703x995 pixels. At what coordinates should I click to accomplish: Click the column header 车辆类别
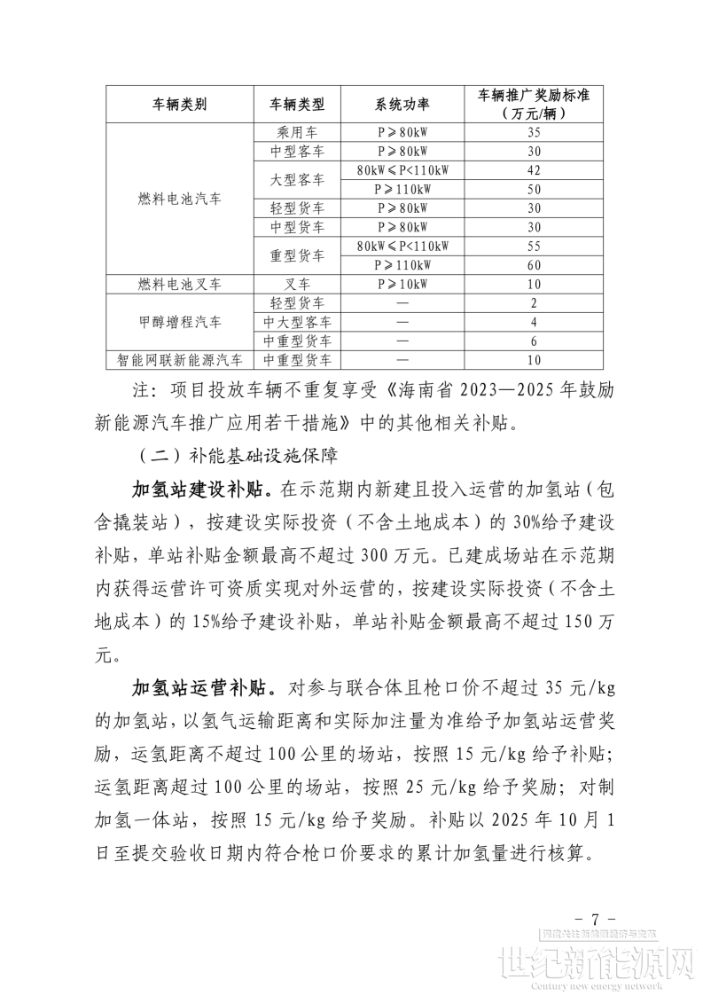tap(180, 104)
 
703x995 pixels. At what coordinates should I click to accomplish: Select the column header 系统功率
tap(402, 104)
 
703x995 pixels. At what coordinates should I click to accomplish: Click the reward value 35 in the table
tap(534, 132)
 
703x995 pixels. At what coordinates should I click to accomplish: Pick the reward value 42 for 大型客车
tap(534, 170)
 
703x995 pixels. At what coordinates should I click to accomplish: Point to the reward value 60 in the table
tap(534, 265)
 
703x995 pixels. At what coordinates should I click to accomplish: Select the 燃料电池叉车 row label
tap(180, 284)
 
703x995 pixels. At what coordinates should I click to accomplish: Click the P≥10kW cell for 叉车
tap(402, 284)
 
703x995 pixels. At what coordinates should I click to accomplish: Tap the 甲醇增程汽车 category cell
tap(180, 322)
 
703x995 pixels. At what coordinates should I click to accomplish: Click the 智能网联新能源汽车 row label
tap(180, 360)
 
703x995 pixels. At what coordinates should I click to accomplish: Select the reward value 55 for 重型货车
tap(534, 246)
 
